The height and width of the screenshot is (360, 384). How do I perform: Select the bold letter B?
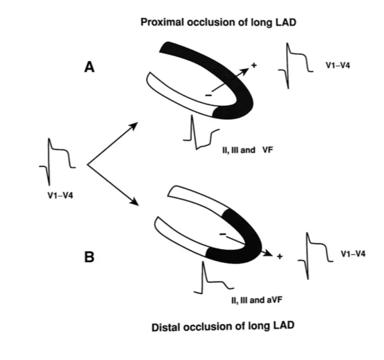89,257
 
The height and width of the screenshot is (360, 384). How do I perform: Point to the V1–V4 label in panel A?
337,66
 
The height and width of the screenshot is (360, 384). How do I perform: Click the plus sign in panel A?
254,66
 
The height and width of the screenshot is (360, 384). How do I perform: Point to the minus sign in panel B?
223,233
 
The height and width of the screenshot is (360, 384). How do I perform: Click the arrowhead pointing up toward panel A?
133,124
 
